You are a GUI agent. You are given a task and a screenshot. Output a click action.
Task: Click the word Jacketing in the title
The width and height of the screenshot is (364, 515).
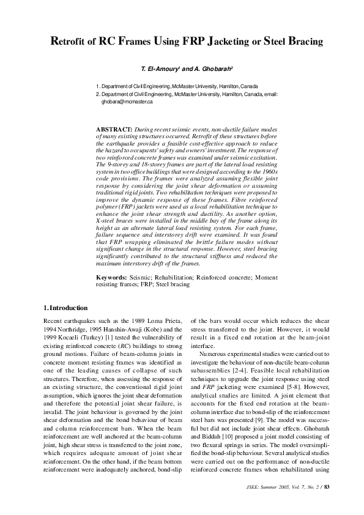pyautogui.click(x=234, y=42)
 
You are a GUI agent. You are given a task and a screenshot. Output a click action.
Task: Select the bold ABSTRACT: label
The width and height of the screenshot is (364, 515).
pyautogui.click(x=114, y=130)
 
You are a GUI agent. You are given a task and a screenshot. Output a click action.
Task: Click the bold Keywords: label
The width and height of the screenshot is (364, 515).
pyautogui.click(x=112, y=277)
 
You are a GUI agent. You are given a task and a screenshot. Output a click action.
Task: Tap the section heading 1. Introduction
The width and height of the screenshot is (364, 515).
pyautogui.click(x=66, y=308)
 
